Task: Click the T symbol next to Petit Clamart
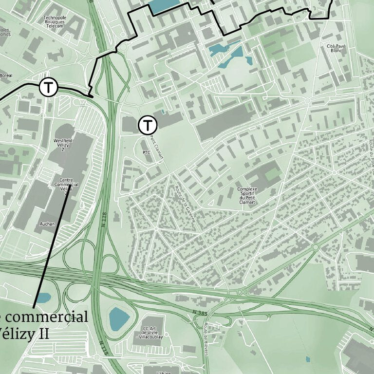147,125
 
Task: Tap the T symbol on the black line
48,88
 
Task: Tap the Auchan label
48,224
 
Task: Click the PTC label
147,152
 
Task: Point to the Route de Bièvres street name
206,338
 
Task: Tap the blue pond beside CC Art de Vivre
119,318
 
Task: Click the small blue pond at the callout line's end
43,297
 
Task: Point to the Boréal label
6,75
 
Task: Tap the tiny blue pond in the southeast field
307,359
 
